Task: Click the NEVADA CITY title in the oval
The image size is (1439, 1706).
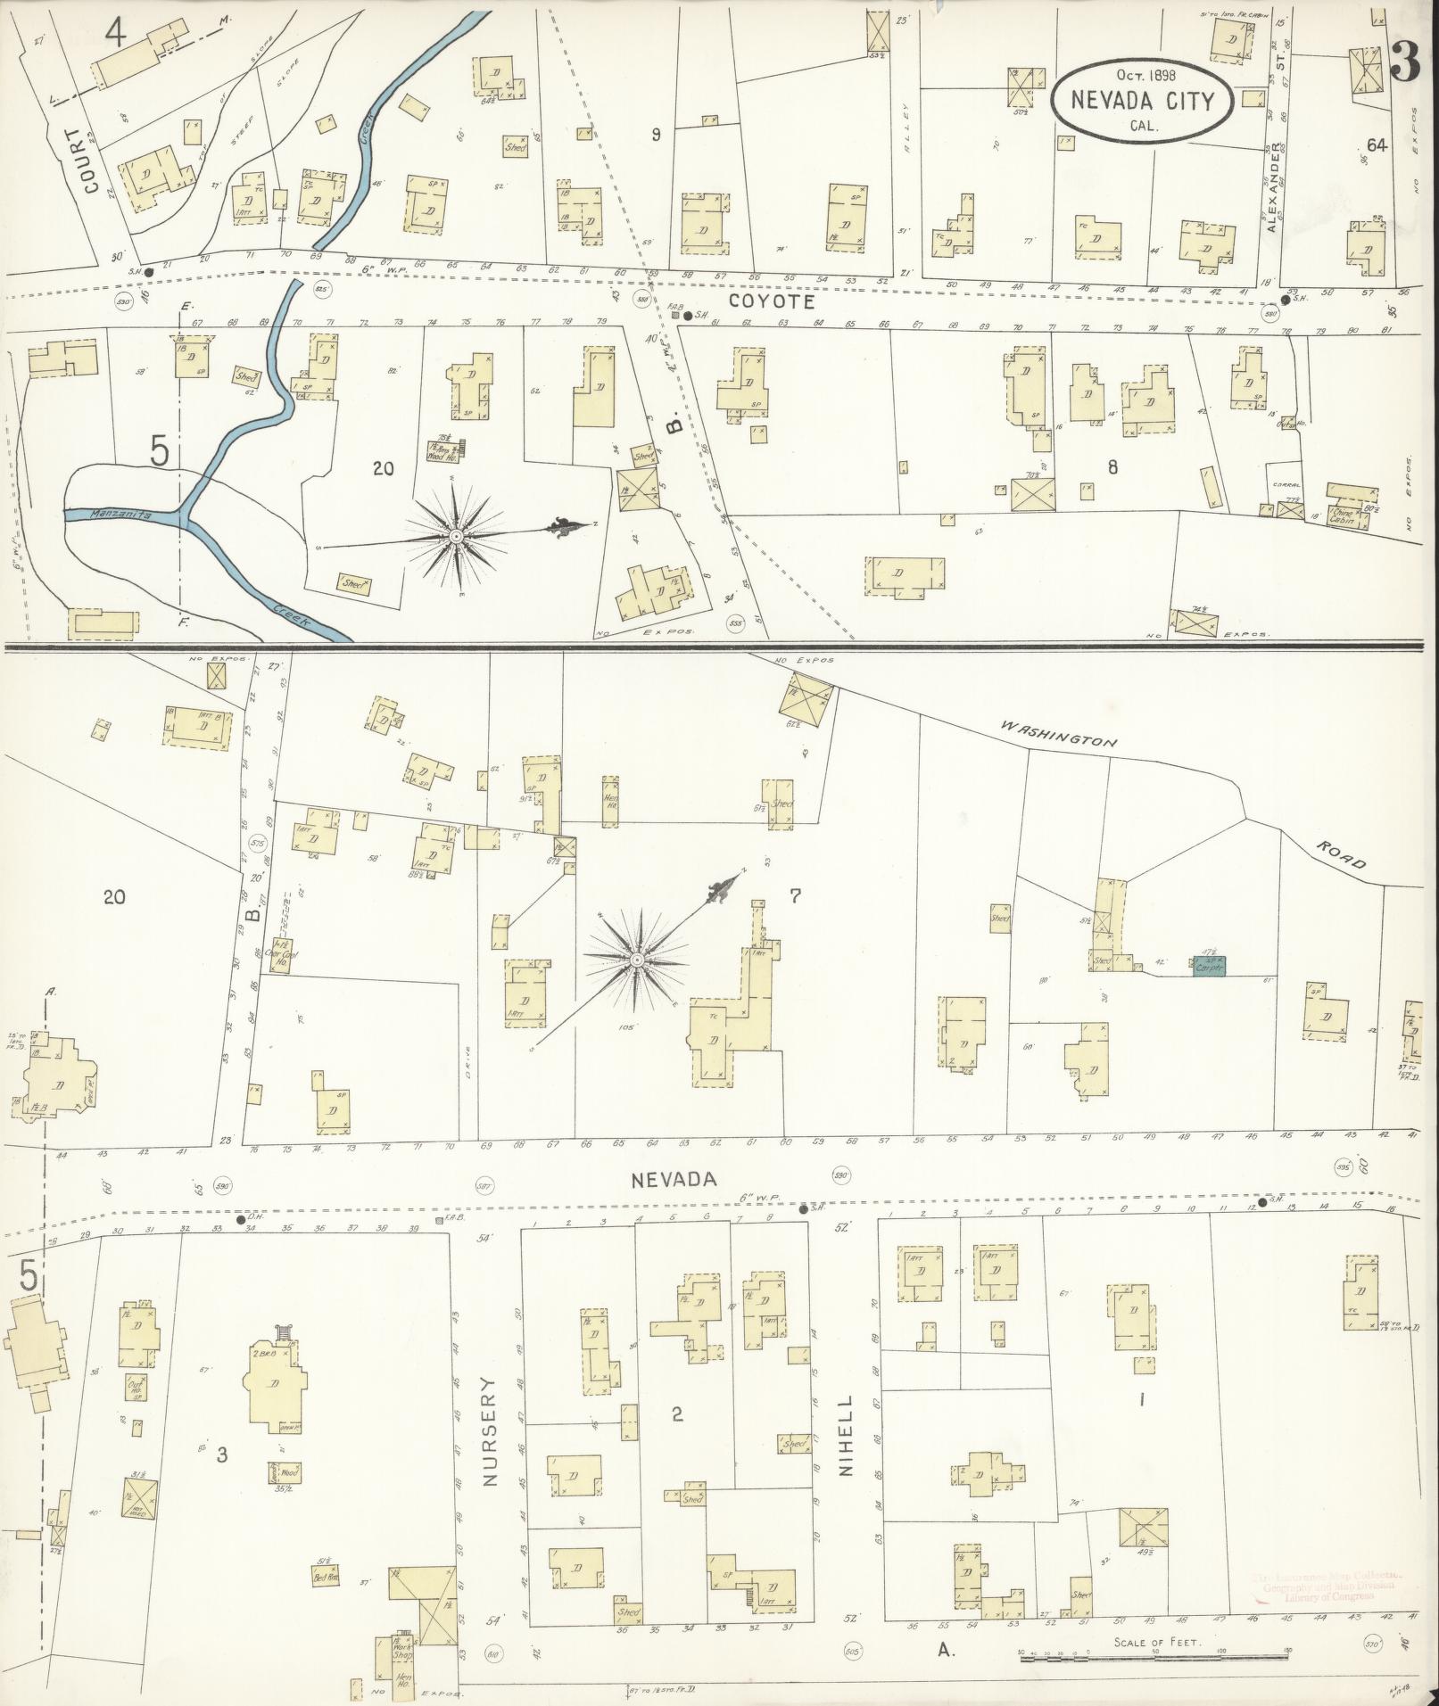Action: tap(1143, 100)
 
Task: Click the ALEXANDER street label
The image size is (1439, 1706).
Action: tap(1277, 185)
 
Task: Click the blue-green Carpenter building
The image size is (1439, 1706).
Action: tap(1209, 965)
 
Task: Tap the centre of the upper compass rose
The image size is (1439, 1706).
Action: tap(455, 535)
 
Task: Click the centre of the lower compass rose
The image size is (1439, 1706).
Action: tap(637, 960)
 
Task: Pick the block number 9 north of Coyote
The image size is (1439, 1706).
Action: tap(656, 136)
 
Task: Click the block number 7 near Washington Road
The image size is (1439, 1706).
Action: tap(795, 897)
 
